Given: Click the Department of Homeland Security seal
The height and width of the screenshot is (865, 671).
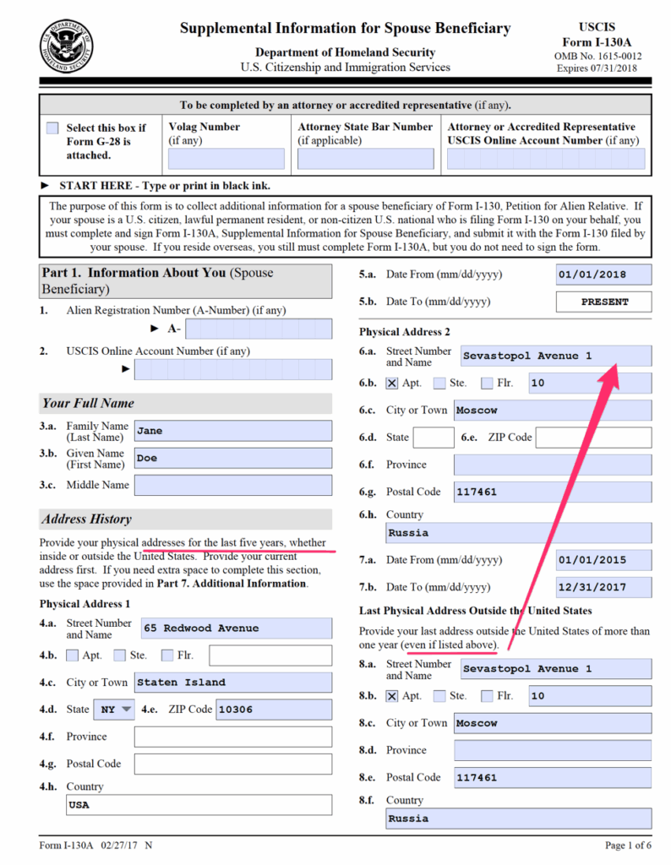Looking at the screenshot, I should tap(67, 44).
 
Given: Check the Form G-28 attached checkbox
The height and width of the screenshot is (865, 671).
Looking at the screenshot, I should tap(52, 128).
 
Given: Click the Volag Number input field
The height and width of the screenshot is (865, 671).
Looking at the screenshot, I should tap(226, 159).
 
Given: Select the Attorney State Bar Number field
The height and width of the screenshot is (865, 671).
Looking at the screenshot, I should tap(365, 159).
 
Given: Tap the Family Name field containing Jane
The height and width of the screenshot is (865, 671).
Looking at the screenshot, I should tap(232, 431).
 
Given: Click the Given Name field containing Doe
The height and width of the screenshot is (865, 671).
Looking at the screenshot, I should tap(232, 458).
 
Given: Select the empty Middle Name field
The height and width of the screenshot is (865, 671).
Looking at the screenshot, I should tap(232, 485).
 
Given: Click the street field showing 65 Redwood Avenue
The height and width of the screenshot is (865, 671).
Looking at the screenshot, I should tap(236, 628).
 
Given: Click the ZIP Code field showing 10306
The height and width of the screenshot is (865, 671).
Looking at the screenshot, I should tap(273, 710).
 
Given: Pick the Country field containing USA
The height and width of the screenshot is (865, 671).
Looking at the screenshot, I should tap(199, 805).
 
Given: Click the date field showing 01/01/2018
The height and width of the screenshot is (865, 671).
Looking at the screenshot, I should tap(603, 275).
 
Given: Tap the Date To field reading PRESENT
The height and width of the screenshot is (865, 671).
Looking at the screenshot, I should tap(603, 302).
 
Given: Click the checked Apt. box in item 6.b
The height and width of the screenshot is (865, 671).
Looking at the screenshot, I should tap(391, 383).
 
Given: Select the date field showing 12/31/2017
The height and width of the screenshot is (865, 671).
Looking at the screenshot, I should tap(603, 587).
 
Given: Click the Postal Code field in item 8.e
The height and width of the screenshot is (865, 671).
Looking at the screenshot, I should tap(552, 777).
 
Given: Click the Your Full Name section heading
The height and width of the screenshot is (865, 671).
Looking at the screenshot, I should tap(89, 403).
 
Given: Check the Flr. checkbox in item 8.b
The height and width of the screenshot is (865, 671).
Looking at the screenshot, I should tap(487, 696).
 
